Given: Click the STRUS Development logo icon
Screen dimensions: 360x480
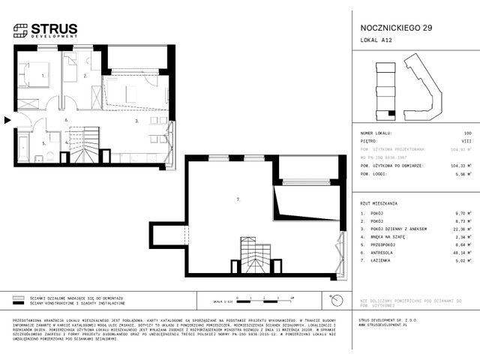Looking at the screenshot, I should pos(20,31).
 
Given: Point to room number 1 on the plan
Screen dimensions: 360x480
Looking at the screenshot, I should pos(43,76).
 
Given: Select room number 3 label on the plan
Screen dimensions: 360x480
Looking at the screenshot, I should pos(136,120).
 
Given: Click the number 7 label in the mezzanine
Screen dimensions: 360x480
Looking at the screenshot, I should pos(238,199).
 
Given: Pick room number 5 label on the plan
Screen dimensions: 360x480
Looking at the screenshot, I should pos(43,142).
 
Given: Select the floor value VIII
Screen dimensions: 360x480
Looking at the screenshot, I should pos(466,140).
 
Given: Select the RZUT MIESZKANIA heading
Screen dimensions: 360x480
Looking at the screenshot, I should pos(379,203).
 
